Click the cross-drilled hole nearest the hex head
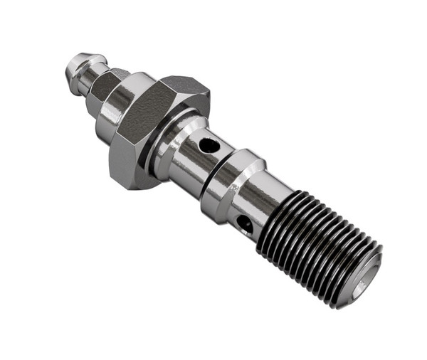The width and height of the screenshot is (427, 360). coord(208,146)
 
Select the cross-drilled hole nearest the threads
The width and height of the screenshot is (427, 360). coord(243,223)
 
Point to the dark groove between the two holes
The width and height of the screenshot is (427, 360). coord(214,178)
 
